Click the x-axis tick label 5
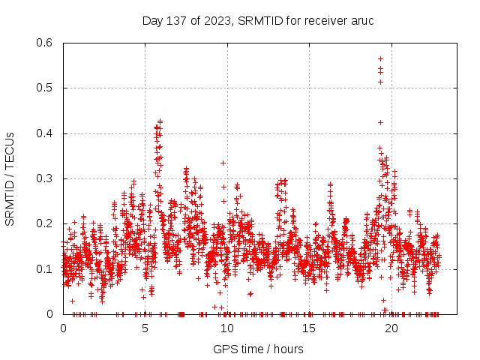145,328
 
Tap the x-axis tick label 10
226,328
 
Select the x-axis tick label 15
308,328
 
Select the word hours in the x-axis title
288,349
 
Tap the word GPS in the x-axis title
224,349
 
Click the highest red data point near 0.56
380,58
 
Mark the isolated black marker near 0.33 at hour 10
223,163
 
